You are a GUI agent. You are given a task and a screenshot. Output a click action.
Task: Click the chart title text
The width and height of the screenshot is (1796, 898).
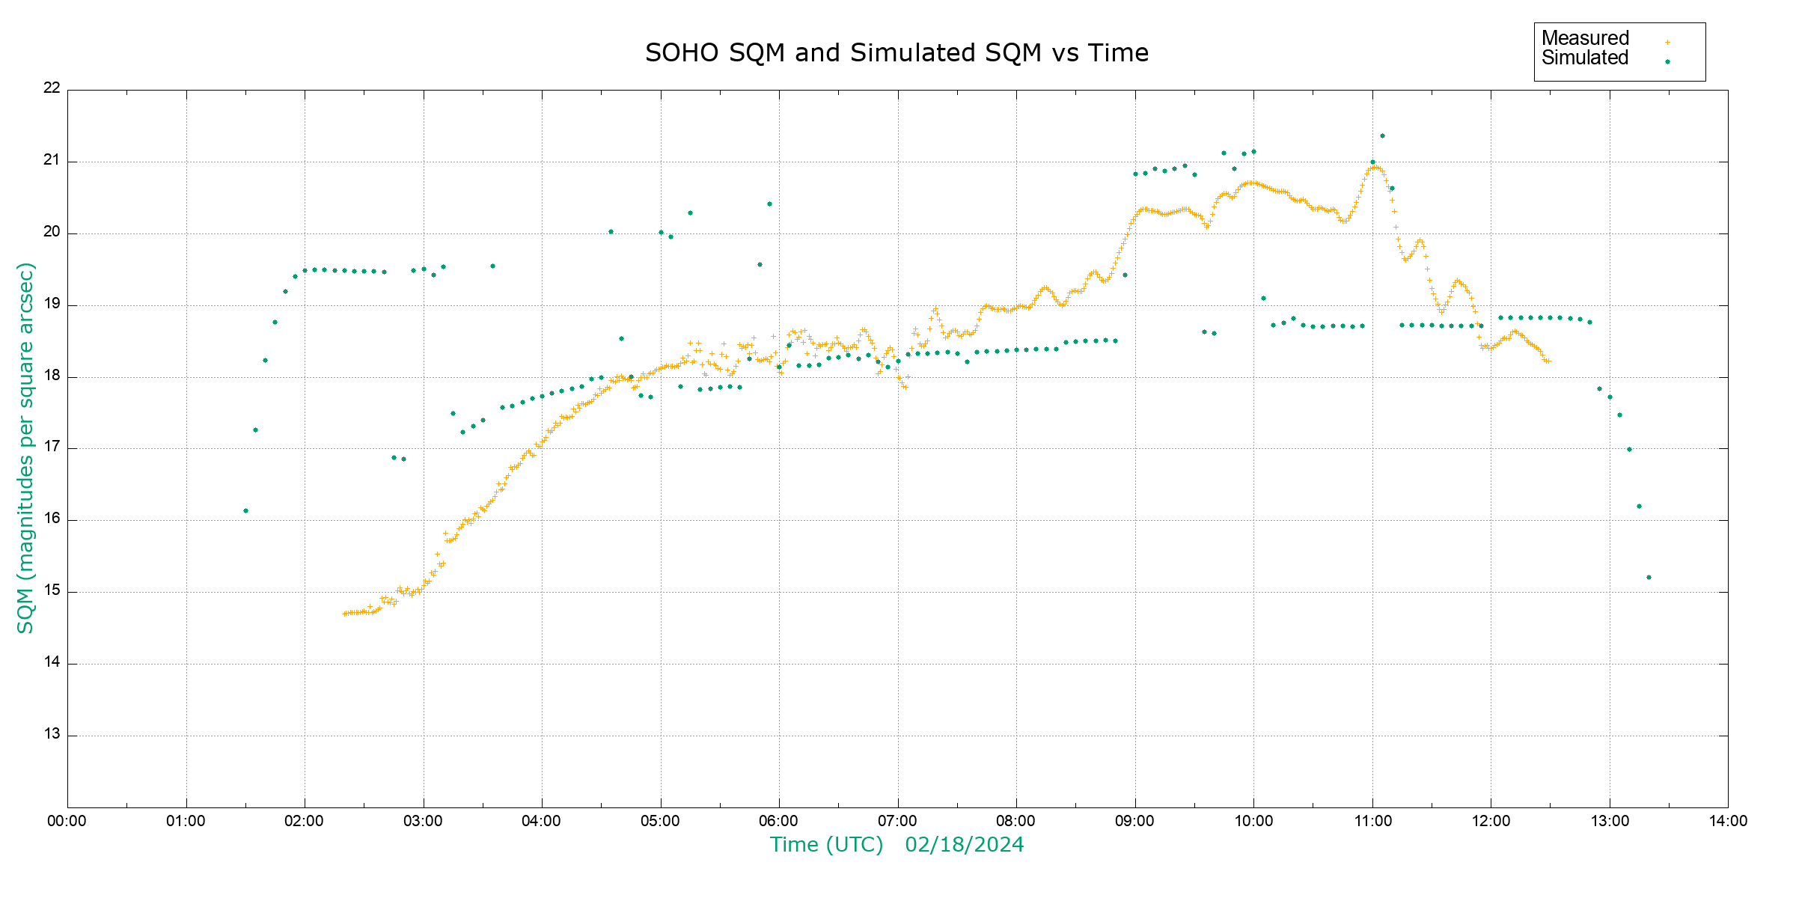click(x=897, y=53)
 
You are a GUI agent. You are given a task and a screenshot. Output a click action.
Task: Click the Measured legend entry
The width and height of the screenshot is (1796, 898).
click(x=1585, y=38)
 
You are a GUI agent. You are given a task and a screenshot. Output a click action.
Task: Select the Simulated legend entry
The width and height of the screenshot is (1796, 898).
click(x=1585, y=58)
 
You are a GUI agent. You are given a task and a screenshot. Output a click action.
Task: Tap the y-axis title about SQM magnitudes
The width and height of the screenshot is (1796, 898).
click(x=25, y=448)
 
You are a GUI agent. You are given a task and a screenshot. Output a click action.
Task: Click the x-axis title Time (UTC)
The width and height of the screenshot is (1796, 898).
click(x=826, y=845)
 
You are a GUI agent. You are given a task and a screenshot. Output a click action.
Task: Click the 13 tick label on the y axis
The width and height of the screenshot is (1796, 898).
click(x=52, y=734)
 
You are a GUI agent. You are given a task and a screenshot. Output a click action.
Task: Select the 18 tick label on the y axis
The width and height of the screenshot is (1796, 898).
click(x=52, y=376)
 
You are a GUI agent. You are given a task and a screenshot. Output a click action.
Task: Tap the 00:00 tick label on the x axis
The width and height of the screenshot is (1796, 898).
click(x=67, y=821)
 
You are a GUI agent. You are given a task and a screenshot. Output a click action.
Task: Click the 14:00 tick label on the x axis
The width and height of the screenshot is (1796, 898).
click(x=1728, y=821)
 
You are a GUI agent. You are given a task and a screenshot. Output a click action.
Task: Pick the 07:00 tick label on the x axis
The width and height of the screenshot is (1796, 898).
click(x=897, y=821)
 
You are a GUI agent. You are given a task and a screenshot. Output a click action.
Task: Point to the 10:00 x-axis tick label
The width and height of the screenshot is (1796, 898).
click(x=1253, y=821)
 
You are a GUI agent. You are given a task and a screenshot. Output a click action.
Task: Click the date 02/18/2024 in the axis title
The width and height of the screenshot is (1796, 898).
click(x=964, y=845)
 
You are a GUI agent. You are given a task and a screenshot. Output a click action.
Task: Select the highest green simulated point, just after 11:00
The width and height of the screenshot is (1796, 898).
click(x=1382, y=136)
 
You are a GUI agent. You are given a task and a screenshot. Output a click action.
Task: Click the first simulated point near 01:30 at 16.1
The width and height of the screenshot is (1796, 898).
click(x=245, y=511)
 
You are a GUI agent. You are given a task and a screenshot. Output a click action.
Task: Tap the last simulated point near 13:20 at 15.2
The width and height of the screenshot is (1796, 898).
click(x=1649, y=578)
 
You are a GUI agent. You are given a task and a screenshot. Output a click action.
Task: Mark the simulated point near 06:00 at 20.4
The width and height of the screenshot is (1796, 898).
click(x=769, y=204)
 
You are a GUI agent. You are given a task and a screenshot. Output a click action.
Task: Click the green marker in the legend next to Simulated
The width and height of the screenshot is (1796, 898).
click(x=1667, y=62)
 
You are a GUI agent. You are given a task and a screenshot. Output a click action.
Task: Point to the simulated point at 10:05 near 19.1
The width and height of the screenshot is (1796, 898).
click(x=1263, y=299)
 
